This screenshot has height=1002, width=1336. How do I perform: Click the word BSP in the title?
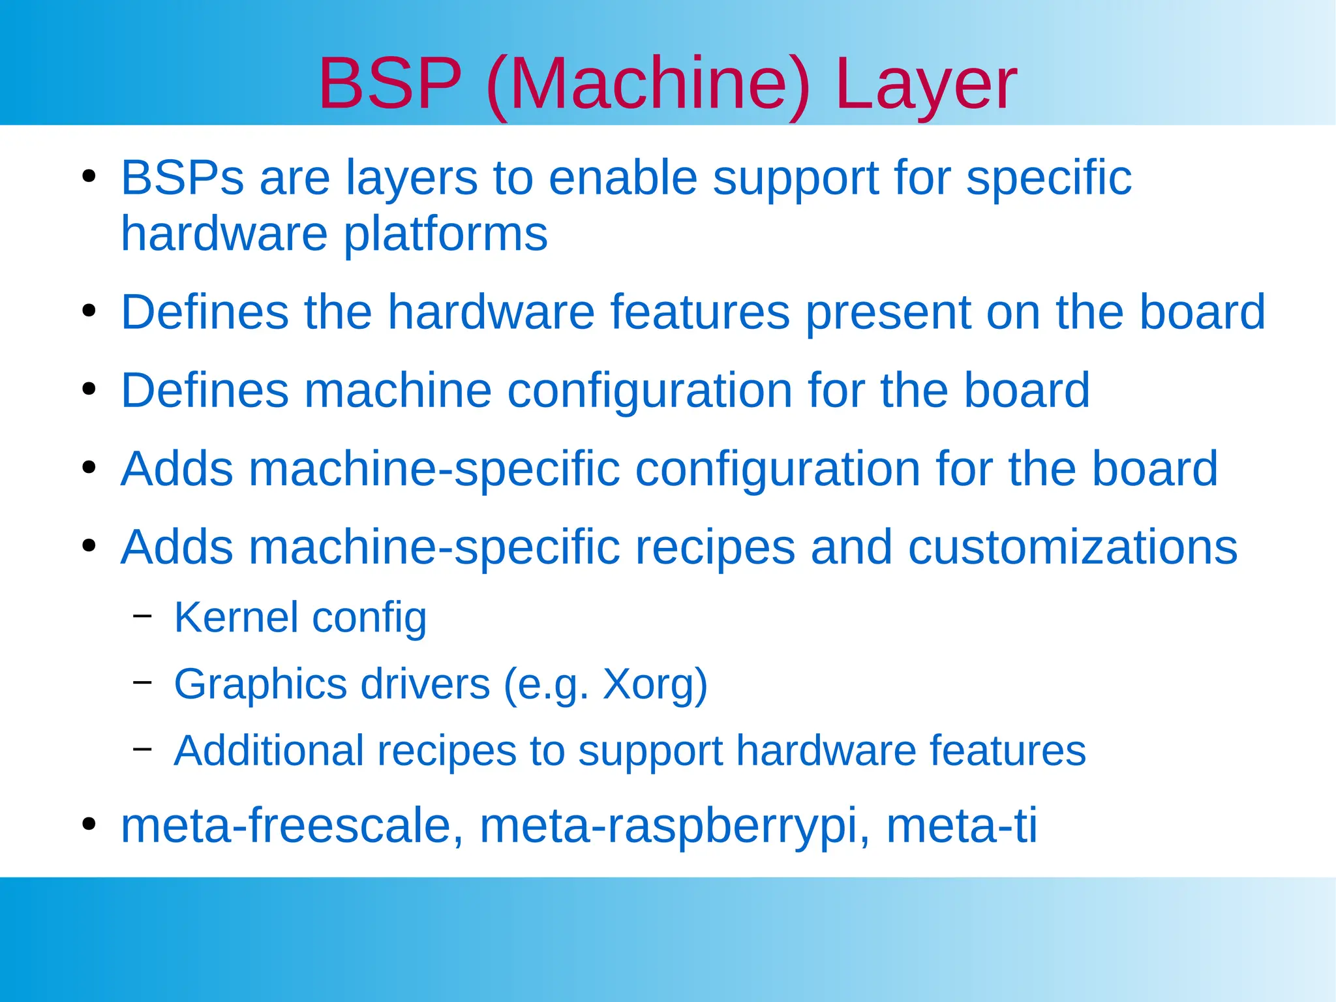point(389,83)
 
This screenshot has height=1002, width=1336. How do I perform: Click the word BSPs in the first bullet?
point(182,177)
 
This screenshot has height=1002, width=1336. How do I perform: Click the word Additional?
point(269,751)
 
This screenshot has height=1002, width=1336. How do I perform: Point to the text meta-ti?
point(962,826)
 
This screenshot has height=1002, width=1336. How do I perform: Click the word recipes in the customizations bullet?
point(715,548)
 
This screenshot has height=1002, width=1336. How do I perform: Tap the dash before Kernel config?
point(142,615)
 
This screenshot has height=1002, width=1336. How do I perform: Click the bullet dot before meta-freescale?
point(89,824)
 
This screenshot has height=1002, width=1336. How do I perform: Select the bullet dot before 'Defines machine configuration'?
point(89,389)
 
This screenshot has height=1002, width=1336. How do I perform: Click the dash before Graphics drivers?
point(142,682)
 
